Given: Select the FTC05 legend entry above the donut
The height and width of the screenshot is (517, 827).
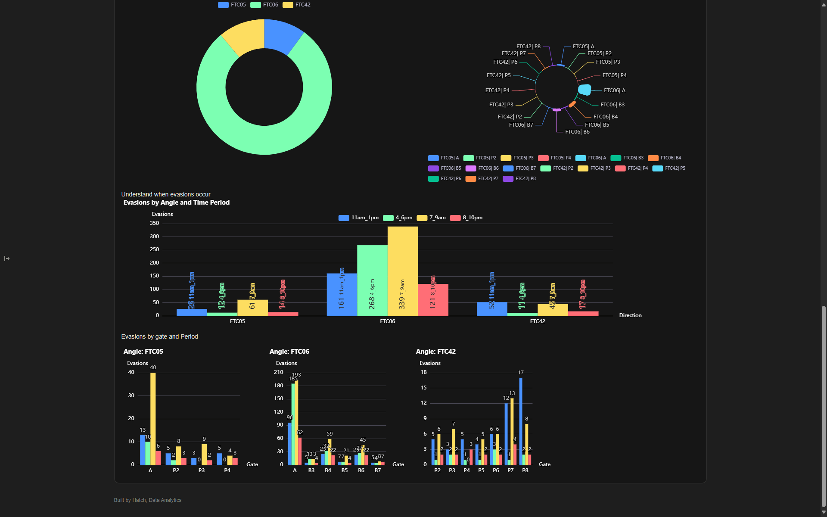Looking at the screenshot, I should click(232, 5).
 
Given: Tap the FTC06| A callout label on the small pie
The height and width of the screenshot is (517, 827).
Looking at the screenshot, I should click(614, 90).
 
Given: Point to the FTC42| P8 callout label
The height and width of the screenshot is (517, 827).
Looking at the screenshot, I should click(528, 47).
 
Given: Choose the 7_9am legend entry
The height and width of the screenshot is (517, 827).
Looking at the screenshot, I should click(432, 218).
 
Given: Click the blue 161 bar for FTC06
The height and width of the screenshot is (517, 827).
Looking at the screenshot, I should click(342, 295).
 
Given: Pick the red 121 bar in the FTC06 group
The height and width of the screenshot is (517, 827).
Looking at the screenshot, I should click(433, 300).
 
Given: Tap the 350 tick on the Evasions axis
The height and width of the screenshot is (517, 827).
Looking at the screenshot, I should click(154, 223).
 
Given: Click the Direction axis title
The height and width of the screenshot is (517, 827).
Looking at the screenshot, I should click(630, 315).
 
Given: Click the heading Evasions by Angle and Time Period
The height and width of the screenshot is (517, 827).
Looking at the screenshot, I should click(176, 202).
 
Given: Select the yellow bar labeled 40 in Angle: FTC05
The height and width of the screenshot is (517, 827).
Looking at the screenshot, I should click(153, 418).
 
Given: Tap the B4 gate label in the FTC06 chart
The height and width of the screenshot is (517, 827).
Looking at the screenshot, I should click(328, 470).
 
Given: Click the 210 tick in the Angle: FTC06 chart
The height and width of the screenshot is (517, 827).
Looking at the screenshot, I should click(279, 372).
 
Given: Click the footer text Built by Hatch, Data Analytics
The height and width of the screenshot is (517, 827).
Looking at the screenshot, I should click(147, 500).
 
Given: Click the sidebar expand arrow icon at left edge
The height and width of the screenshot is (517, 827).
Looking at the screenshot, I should click(7, 258).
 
